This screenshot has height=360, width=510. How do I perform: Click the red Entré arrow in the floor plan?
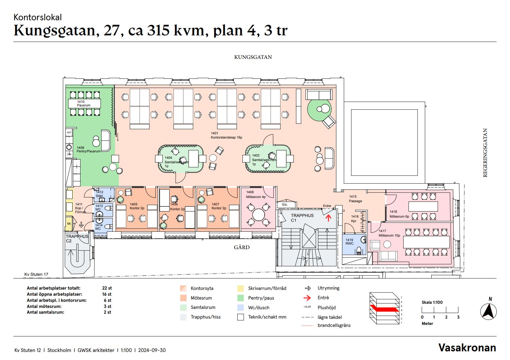tap(328, 218)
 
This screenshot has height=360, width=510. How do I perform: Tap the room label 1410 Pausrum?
tap(84, 104)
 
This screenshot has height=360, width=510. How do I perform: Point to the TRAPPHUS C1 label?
tap(302, 218)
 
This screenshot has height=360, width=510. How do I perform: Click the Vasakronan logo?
tap(467, 347)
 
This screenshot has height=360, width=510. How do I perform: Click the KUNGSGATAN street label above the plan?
tap(253, 57)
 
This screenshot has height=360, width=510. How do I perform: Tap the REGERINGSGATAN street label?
tap(485, 153)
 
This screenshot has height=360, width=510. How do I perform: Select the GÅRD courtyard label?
tap(242, 247)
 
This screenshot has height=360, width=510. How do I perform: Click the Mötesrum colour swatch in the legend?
tap(183, 298)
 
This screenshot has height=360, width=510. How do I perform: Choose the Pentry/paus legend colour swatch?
tap(241, 298)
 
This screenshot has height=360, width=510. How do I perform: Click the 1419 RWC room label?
tap(349, 242)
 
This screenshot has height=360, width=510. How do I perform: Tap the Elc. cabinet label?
tap(285, 204)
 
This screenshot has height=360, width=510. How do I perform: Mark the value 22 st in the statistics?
tap(107, 288)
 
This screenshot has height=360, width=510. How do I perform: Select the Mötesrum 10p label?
tap(389, 235)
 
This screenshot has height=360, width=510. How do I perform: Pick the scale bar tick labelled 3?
tap(458, 317)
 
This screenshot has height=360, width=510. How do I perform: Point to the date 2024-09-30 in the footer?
tap(152, 350)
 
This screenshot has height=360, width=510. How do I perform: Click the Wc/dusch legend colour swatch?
tap(241, 308)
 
